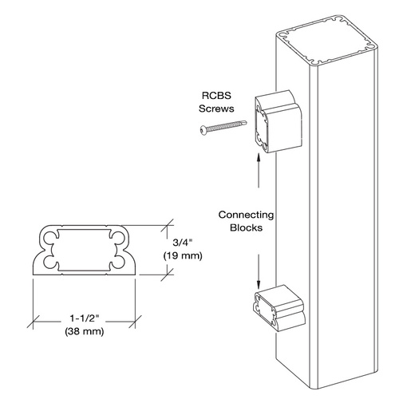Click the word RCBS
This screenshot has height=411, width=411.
(216, 96)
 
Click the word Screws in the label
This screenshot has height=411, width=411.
(216, 109)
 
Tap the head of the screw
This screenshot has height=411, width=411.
(204, 130)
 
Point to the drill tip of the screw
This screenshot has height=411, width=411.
(244, 123)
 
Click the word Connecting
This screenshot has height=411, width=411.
(246, 215)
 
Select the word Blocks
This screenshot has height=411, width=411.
(246, 227)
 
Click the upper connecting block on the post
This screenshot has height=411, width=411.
(279, 121)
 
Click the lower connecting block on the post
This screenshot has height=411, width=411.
(279, 308)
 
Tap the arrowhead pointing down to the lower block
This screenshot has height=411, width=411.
(258, 285)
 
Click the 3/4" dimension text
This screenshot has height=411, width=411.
(183, 243)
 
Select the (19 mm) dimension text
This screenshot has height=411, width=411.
(183, 255)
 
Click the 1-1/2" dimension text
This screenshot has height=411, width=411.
(85, 318)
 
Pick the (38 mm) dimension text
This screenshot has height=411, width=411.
(85, 331)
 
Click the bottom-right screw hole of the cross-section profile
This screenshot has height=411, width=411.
(117, 262)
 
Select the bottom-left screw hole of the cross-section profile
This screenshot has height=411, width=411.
(49, 262)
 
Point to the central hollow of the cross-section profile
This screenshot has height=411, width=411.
(84, 250)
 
